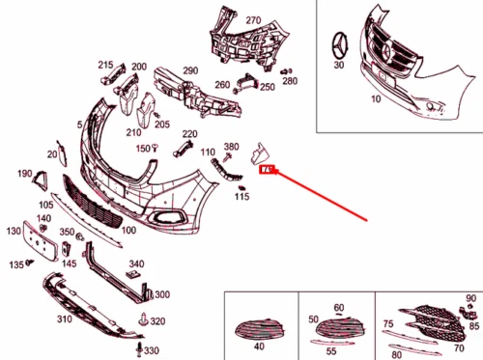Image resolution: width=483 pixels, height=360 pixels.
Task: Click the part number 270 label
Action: [253, 20]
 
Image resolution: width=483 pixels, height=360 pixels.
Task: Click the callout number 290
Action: [189, 70]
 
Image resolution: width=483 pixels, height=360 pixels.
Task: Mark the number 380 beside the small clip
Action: [231, 147]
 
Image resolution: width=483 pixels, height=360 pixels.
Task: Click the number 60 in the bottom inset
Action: [338, 308]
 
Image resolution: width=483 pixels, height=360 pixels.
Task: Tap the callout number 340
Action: [136, 263]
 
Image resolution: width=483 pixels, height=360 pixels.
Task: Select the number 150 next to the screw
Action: [142, 149]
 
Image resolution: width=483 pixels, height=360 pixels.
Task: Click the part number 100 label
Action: [128, 231]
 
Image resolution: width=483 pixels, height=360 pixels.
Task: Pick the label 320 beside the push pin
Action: [157, 320]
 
